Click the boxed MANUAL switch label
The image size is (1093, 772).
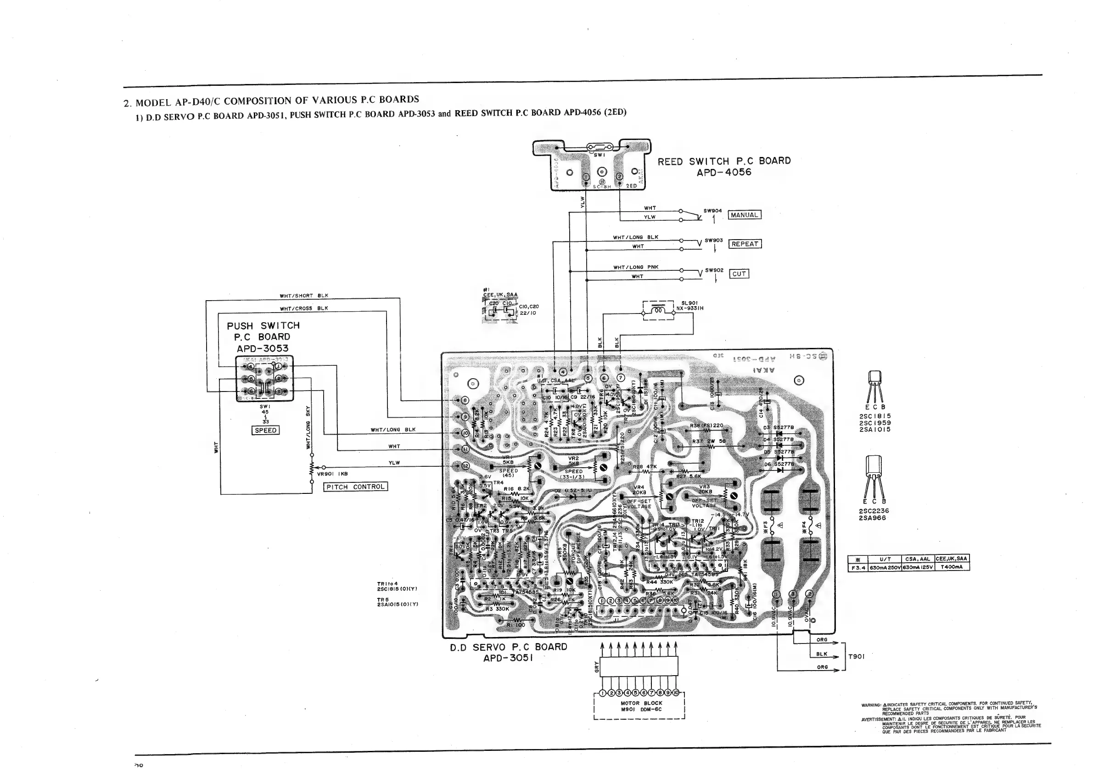tap(745, 215)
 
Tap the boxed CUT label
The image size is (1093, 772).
tap(739, 274)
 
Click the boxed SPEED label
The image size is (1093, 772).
tap(265, 430)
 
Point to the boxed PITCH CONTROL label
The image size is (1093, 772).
tap(356, 487)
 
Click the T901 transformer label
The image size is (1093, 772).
tap(856, 656)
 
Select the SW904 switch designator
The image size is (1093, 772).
tap(712, 211)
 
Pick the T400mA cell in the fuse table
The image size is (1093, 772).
tap(952, 567)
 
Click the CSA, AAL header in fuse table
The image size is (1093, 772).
tap(918, 559)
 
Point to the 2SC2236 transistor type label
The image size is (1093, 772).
tap(874, 511)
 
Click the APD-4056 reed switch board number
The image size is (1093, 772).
tap(723, 172)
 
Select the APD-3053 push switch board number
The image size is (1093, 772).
tap(262, 348)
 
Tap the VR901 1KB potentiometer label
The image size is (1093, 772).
tap(332, 474)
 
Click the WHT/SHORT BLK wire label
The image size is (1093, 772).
tap(304, 296)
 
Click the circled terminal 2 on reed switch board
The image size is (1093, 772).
tap(619, 177)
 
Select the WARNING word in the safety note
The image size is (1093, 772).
tap(871, 705)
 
